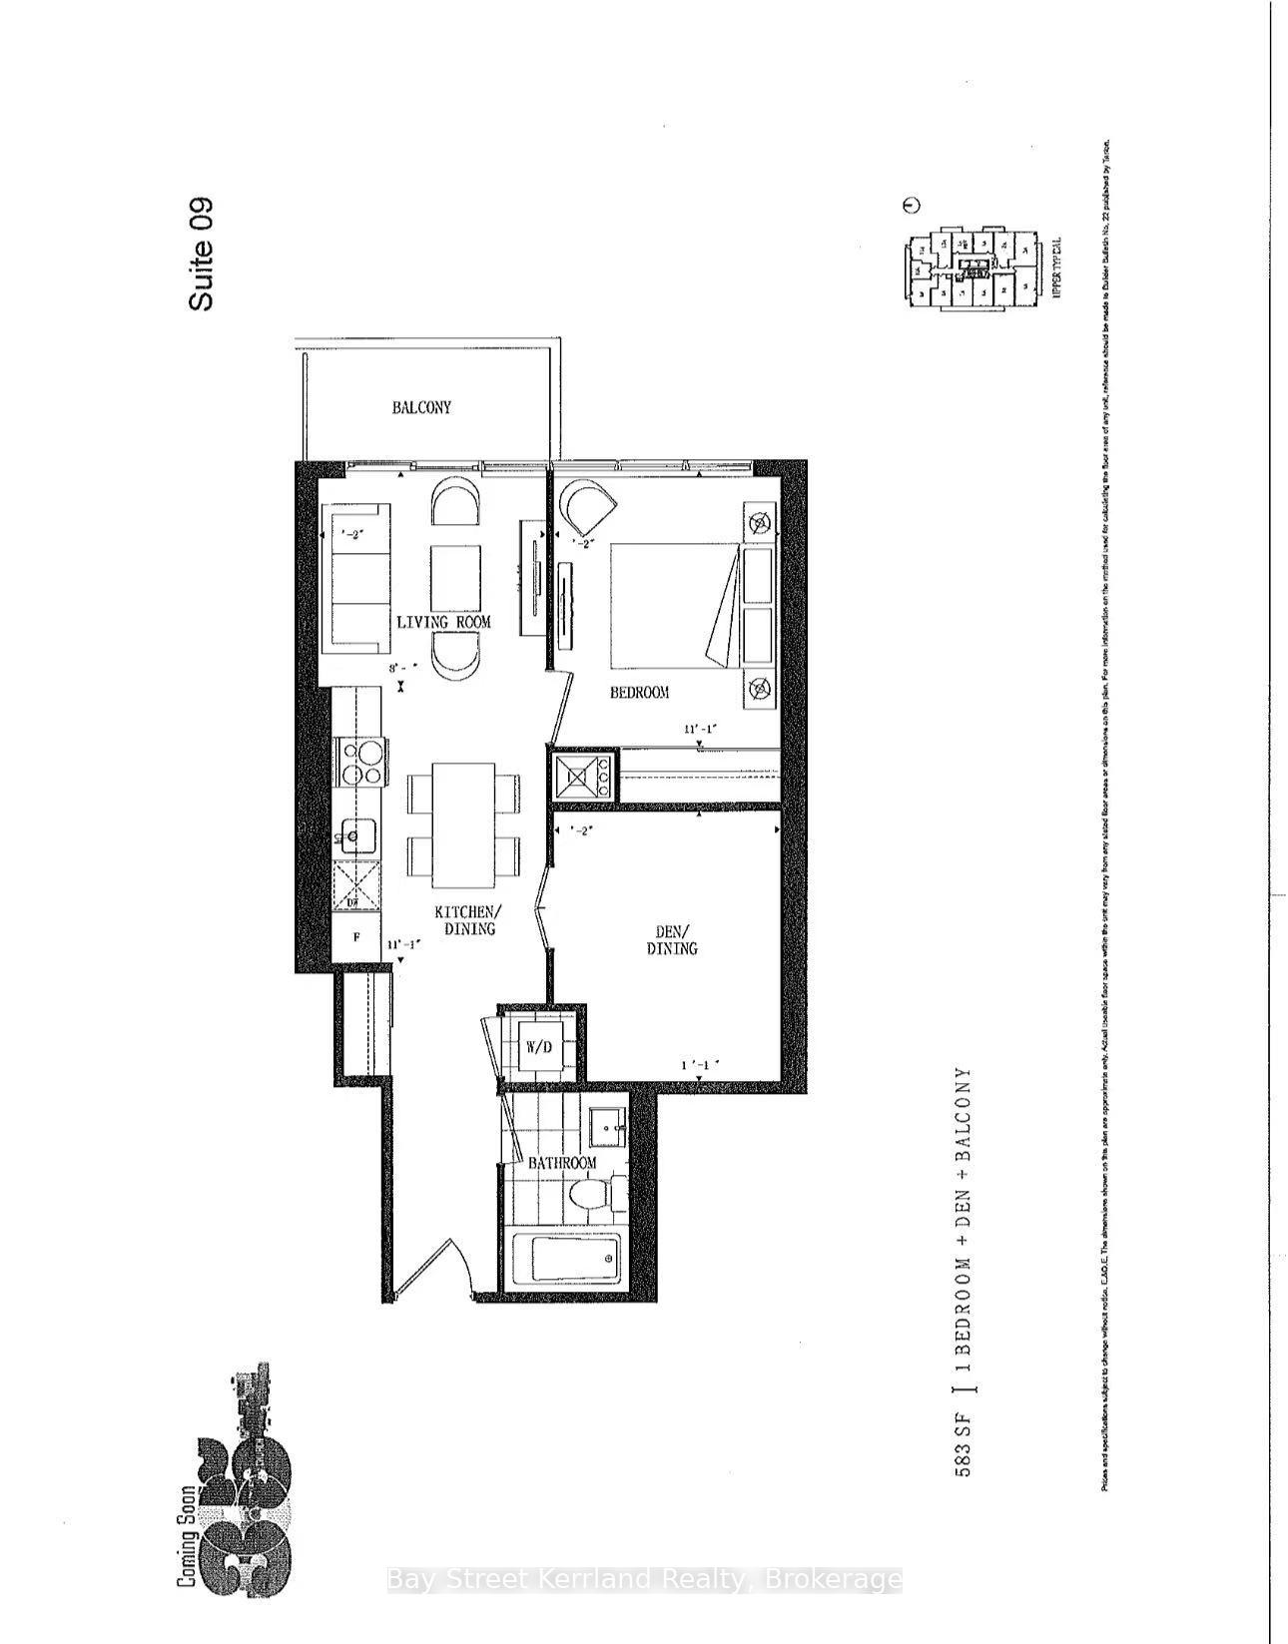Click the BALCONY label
click(420, 407)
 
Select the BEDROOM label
click(639, 692)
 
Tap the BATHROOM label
click(561, 1163)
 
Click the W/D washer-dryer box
click(540, 1047)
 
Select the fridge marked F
click(356, 938)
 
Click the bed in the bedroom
click(674, 605)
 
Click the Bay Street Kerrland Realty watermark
click(643, 1580)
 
